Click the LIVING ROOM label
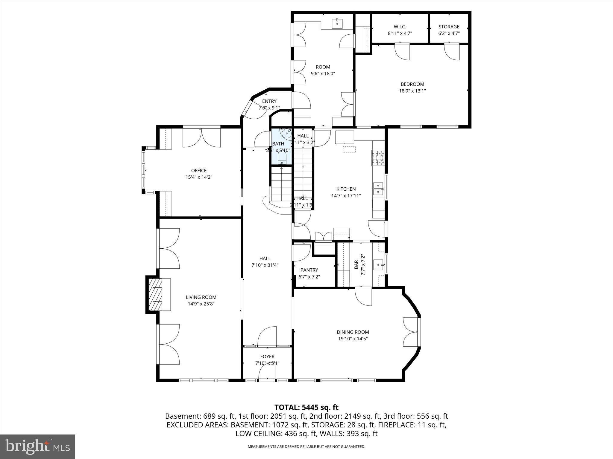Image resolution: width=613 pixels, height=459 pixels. [201, 297]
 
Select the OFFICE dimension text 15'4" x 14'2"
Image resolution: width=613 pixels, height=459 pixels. [199, 177]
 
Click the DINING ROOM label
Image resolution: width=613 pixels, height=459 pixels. [353, 332]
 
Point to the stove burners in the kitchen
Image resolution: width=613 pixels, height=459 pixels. [378, 158]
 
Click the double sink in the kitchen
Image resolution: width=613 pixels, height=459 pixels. [379, 189]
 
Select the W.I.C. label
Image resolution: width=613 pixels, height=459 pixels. [400, 27]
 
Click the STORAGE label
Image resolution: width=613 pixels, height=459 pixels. [449, 27]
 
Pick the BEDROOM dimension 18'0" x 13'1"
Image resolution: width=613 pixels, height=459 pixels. [412, 91]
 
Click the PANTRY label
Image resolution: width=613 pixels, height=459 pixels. [309, 270]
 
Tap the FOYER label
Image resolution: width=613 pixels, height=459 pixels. [267, 357]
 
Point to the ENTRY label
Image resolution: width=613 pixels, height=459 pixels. [269, 101]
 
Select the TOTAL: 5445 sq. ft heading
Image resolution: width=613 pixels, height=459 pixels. [306, 407]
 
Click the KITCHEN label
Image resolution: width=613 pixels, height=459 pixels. [346, 189]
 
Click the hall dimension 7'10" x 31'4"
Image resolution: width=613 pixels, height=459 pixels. [265, 265]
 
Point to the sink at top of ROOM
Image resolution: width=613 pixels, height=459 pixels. [337, 23]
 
